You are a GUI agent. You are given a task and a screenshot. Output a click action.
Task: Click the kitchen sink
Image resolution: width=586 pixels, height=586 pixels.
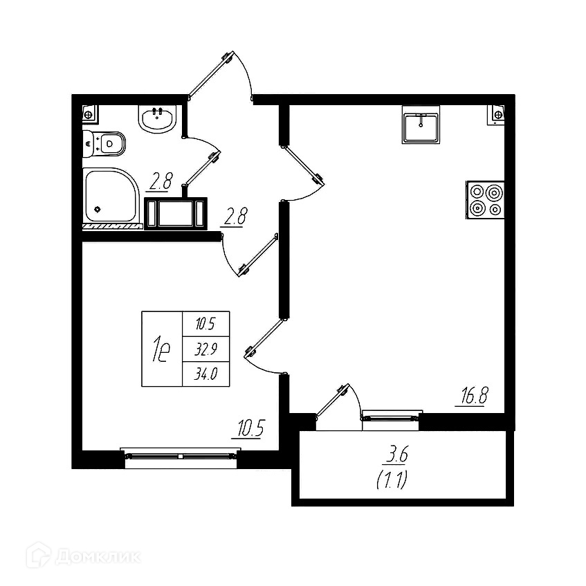[421, 126]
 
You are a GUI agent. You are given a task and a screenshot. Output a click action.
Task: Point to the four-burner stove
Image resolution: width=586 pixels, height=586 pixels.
[485, 200]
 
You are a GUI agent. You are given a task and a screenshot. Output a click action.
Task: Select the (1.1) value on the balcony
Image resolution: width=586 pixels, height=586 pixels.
[391, 480]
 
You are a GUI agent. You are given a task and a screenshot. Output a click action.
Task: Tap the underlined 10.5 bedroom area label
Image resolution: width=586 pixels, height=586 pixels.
[250, 429]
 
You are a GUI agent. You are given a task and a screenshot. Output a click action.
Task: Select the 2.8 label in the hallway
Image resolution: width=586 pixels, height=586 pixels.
[233, 219]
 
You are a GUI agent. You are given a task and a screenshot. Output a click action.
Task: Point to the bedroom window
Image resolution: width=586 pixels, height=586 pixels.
[180, 455]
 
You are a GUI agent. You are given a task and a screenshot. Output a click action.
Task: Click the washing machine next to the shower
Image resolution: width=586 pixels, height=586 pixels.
[176, 213]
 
